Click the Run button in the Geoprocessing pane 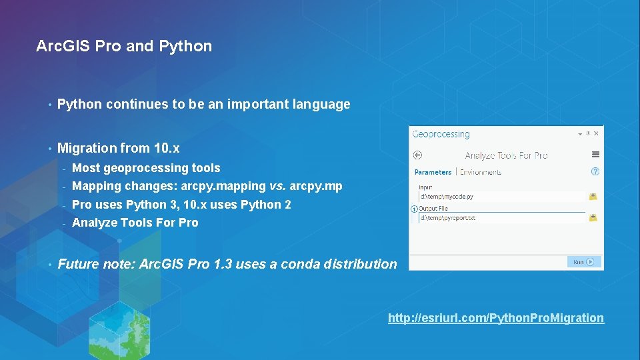pos(584,262)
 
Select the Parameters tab pos(433,172)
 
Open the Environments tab pos(481,172)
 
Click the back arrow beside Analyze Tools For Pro pos(418,155)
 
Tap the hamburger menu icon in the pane pos(595,155)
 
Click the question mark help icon pos(595,171)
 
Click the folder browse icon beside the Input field pos(593,197)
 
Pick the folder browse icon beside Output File pos(593,218)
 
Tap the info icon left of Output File pos(415,209)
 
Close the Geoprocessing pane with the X pos(597,133)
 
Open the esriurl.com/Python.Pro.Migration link pos(496,318)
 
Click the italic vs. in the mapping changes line pos(277,186)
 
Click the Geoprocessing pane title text pos(441,134)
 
